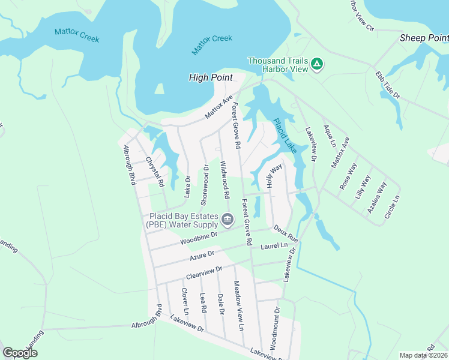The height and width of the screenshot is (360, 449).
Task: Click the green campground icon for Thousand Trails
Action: (x=318, y=64)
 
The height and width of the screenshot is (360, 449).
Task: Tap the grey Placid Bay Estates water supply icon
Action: (x=228, y=220)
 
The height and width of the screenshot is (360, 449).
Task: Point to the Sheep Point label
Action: (x=424, y=38)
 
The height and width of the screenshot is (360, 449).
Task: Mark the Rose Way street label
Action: (x=348, y=176)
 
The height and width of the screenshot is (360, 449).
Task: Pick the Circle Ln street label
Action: (x=395, y=206)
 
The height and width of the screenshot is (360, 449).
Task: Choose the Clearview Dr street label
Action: (x=205, y=272)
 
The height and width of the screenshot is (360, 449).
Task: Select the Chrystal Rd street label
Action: (x=155, y=173)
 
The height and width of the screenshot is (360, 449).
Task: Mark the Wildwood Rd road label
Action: (x=225, y=180)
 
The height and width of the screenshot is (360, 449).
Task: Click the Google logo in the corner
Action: (x=20, y=353)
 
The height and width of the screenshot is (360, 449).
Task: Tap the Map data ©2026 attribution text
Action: (x=423, y=355)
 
